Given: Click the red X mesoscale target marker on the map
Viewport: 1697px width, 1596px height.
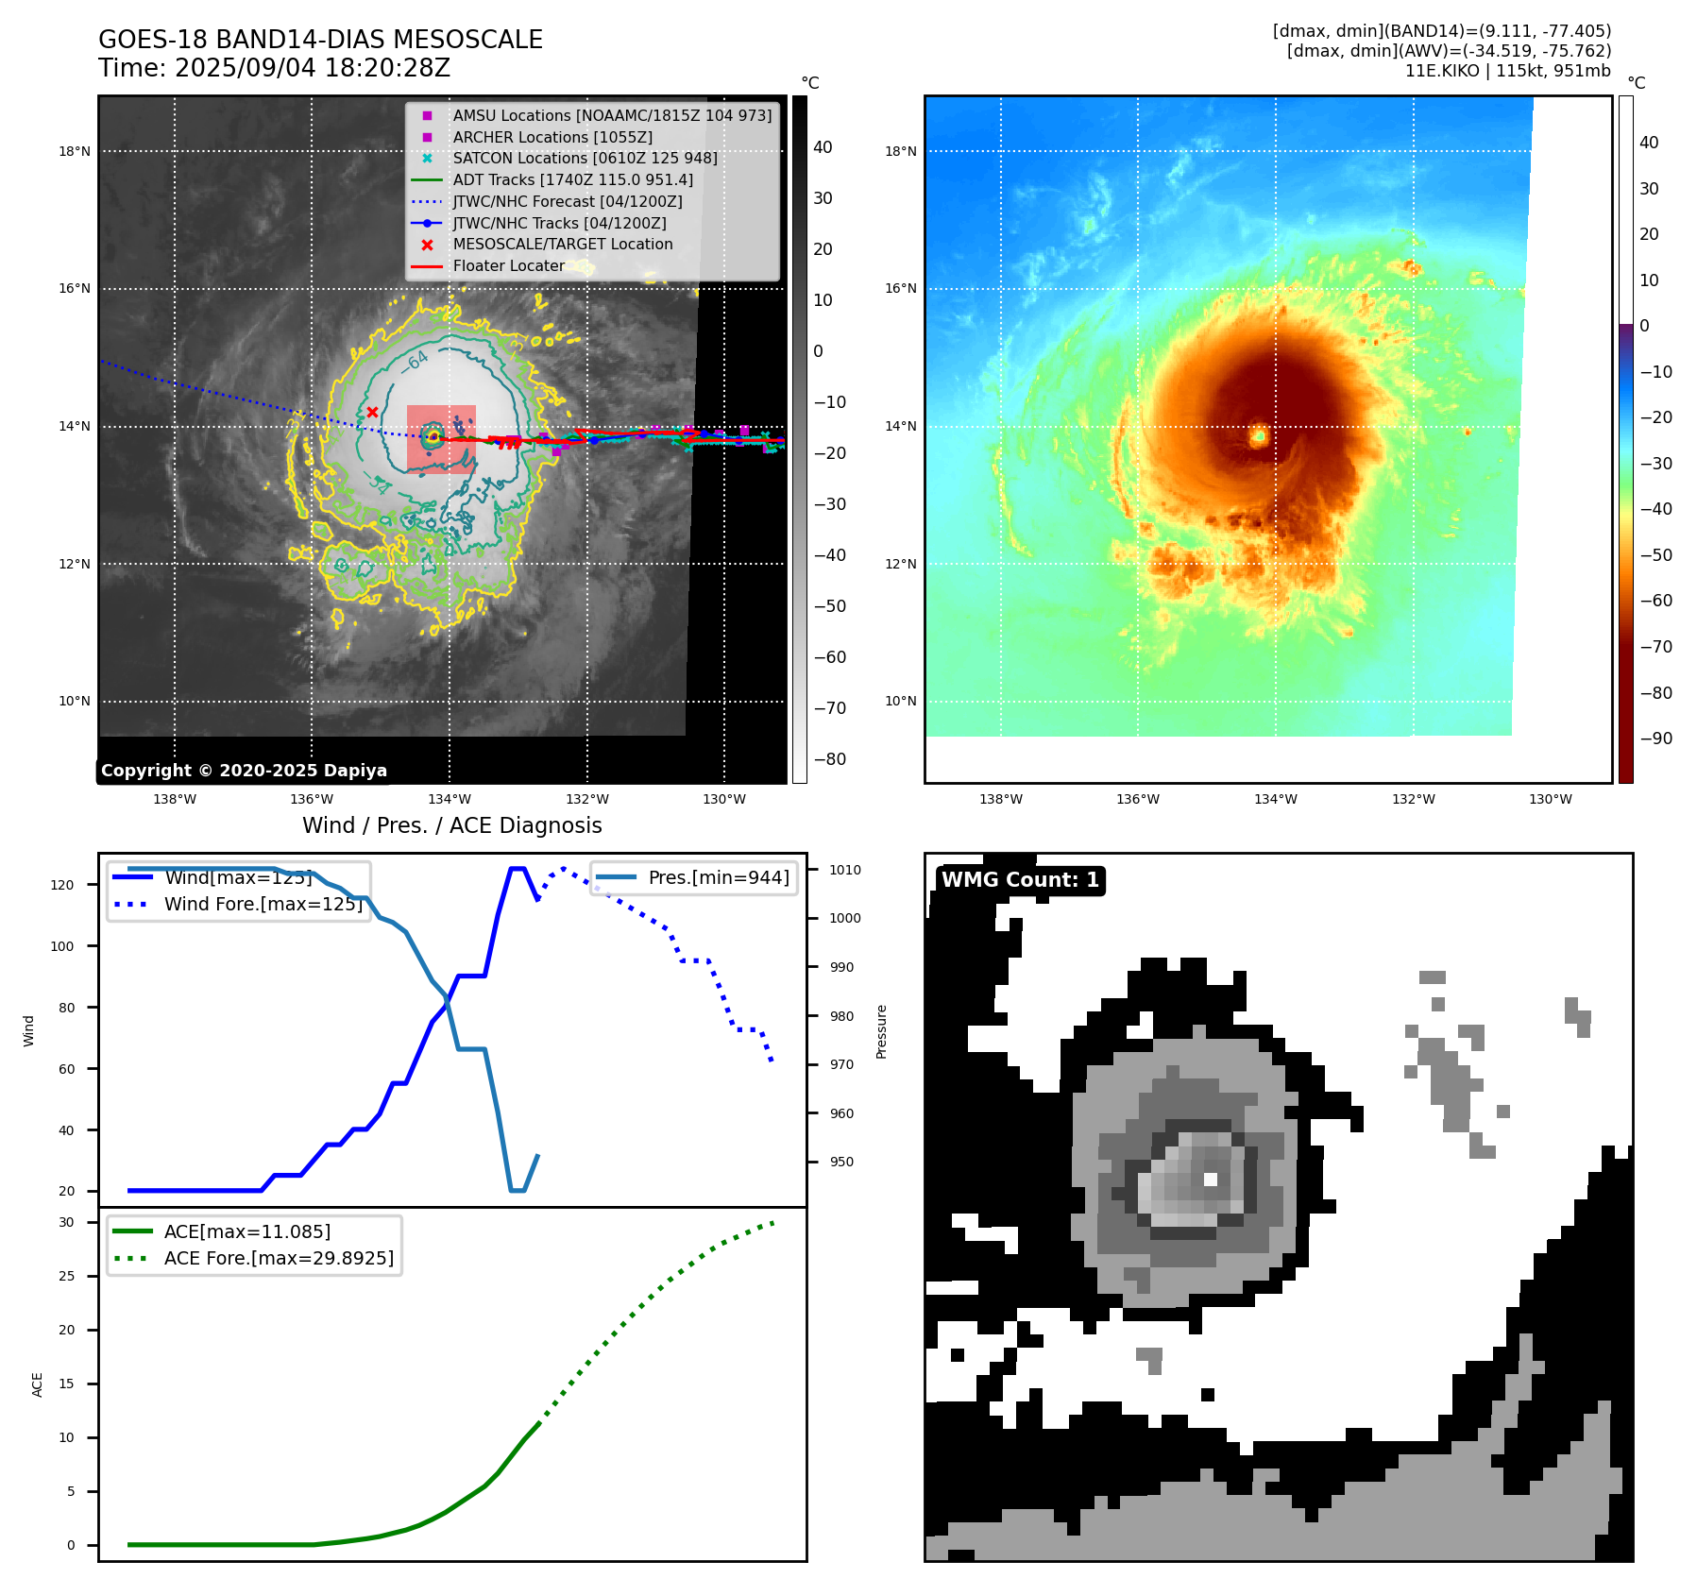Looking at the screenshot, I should (372, 412).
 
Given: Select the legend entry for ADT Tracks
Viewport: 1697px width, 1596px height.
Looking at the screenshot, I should (572, 179).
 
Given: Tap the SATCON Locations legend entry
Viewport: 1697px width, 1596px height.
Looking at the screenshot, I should (585, 158).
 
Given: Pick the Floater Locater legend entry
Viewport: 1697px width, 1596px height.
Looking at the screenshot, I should (508, 265).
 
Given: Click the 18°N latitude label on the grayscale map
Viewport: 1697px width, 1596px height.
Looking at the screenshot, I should (75, 151).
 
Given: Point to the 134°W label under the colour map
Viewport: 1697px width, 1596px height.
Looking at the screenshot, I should (1275, 799).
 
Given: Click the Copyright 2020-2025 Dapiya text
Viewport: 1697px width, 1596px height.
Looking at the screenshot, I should (244, 771).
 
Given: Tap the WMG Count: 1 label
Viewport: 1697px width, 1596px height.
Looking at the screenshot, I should (1020, 880).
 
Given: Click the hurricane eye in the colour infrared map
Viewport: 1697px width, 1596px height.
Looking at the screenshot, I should (1259, 435).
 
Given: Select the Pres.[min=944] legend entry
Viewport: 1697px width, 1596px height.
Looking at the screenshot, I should (718, 877).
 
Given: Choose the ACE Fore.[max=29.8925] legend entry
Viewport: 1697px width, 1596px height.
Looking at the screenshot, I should (279, 1258).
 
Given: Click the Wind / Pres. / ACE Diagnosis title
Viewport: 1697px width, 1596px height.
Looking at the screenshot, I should (451, 825).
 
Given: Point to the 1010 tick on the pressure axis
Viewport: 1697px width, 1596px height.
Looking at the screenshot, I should (845, 870).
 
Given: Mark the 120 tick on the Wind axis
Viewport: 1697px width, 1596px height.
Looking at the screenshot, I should (62, 885).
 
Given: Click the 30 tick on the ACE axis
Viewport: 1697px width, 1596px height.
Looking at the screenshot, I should (66, 1222).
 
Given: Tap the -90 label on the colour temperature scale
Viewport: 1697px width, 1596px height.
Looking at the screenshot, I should (1655, 739).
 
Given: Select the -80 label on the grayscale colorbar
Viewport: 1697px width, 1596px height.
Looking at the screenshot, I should (830, 759).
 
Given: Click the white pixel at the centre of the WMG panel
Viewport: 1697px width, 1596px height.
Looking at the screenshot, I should (1211, 1179).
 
